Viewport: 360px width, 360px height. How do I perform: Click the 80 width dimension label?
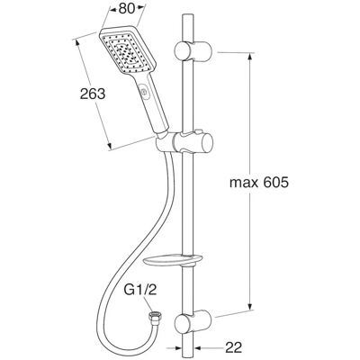tap(126, 9)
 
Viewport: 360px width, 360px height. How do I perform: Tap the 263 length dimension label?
tap(93, 94)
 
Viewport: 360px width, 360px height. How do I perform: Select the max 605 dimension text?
tap(259, 183)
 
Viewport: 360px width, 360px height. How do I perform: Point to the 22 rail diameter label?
tap(233, 348)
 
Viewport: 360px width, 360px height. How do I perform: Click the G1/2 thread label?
tap(140, 291)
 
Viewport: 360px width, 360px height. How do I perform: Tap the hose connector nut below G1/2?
tap(154, 317)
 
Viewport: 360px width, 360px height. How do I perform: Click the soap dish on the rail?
tap(174, 260)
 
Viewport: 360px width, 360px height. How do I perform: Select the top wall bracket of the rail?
tap(193, 51)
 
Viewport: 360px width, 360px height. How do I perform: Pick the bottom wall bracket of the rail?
tap(193, 323)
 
